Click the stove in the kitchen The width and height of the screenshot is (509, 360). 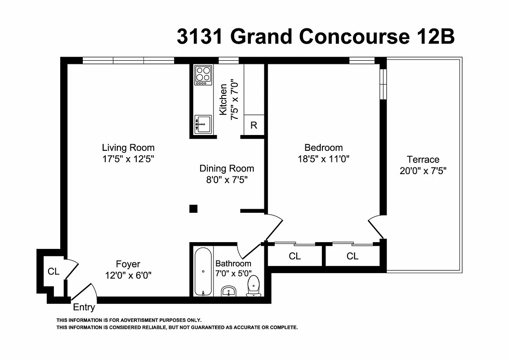point(203,75)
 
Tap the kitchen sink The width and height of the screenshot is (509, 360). point(203,124)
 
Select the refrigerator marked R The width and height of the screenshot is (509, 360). point(254,125)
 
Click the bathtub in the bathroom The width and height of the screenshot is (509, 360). point(203,272)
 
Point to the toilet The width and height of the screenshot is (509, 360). point(254,287)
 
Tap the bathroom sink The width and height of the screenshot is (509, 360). point(230,291)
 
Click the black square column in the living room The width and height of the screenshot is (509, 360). point(193,208)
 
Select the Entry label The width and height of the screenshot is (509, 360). point(84,308)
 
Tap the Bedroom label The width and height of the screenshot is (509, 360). point(323,148)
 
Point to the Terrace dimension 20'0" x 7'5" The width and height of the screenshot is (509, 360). point(423,171)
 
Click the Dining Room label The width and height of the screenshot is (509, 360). point(227,169)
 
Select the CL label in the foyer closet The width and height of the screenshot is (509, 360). point(54,271)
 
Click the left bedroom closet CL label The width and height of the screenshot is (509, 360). point(295,256)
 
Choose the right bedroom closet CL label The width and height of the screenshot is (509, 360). point(353,256)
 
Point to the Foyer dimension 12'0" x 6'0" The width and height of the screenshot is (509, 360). point(128,275)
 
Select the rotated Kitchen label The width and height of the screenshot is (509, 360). point(223,99)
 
